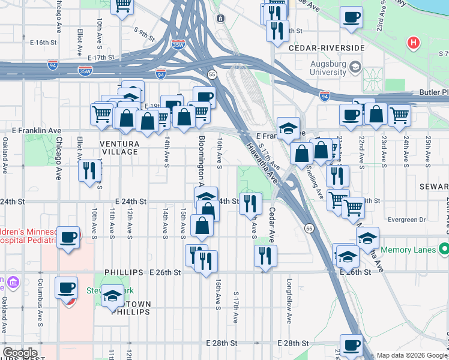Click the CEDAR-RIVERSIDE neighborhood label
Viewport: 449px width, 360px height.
[326, 47]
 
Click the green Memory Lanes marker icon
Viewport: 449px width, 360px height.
[444, 248]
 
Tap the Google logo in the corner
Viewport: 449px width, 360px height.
[19, 353]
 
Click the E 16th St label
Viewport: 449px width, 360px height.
[43, 43]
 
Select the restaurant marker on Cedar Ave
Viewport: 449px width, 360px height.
[265, 256]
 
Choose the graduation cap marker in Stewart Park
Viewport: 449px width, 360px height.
[112, 296]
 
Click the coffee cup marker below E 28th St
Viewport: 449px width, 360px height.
[351, 345]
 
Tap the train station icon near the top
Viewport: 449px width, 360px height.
[220, 18]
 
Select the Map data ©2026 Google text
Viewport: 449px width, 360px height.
[412, 355]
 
